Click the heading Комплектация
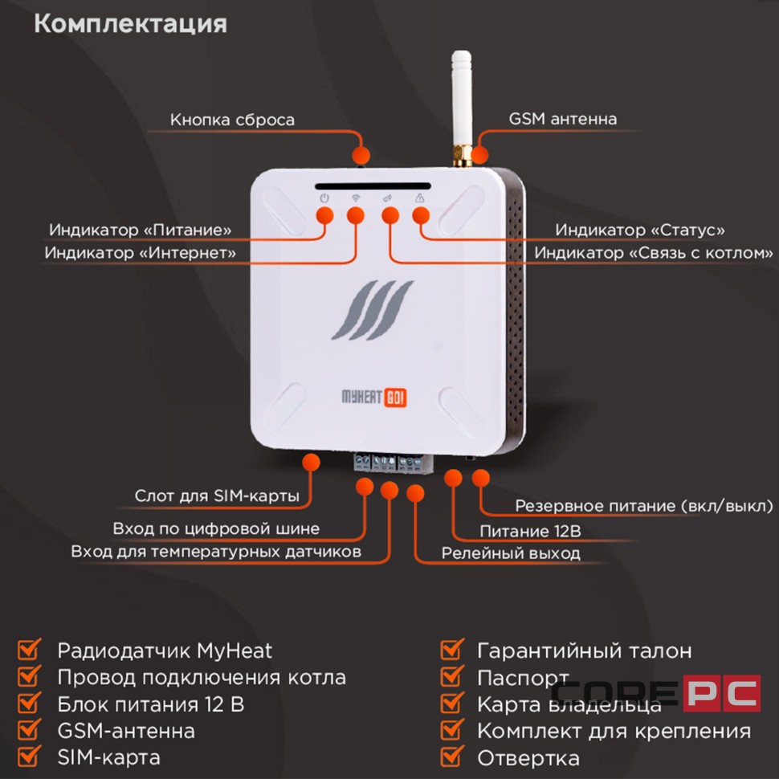[130, 24]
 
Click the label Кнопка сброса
[232, 120]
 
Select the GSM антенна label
[563, 119]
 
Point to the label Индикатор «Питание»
[141, 230]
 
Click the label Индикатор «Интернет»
[141, 252]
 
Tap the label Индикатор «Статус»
[640, 230]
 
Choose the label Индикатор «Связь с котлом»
[654, 253]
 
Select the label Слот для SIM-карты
[217, 496]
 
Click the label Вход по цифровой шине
[216, 528]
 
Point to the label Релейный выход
[511, 553]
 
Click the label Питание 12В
[530, 531]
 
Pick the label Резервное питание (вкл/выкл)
[643, 507]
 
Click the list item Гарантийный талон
[584, 651]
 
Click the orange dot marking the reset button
[362, 155]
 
